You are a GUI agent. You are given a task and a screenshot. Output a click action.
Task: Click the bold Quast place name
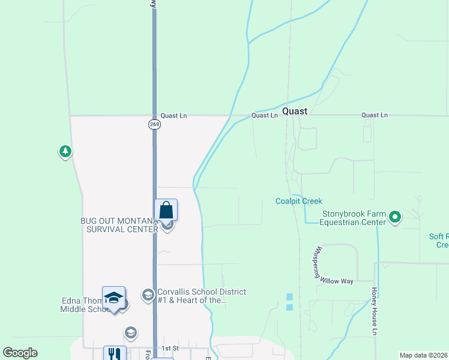pos(295,111)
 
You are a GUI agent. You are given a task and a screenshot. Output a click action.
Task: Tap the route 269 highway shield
pos(154,124)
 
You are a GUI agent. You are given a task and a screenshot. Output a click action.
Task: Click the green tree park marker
pos(65,152)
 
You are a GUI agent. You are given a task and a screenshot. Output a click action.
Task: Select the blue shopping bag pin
pos(166,211)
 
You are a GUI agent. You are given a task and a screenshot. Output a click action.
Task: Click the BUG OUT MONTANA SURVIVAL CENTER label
pos(119,225)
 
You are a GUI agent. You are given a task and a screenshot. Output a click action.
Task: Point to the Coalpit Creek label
pos(299,202)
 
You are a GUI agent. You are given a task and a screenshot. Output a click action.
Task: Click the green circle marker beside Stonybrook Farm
pos(395,217)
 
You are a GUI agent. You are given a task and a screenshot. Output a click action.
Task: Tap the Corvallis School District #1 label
pos(201,296)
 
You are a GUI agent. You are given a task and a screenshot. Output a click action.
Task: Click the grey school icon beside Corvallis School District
pos(148,295)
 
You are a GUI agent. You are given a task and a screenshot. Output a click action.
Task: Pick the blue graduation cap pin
pos(114,298)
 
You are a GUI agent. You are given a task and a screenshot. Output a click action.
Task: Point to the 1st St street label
pos(170,348)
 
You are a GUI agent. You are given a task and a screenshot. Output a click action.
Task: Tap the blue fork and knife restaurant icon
pos(115,354)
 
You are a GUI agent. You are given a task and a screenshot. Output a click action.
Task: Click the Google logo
pos(20,353)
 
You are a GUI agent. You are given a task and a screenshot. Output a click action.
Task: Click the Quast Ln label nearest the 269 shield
pos(173,116)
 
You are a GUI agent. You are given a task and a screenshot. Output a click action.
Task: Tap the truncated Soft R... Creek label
pos(439,241)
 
